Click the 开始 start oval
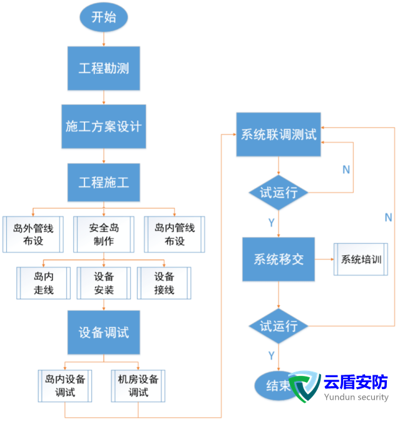[x=103, y=17]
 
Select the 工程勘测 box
[x=103, y=68]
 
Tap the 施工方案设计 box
[x=104, y=126]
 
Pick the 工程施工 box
[x=104, y=183]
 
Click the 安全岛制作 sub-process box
[x=104, y=234]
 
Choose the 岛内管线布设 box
[x=175, y=234]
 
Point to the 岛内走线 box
[x=43, y=283]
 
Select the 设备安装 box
[x=104, y=283]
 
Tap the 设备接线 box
[x=165, y=283]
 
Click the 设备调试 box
[x=104, y=332]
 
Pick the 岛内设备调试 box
[x=65, y=385]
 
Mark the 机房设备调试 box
[x=138, y=385]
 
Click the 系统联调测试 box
[x=279, y=134]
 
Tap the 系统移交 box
[x=279, y=259]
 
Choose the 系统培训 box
[x=361, y=259]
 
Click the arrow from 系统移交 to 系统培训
[x=324, y=259]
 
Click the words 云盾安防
[x=356, y=382]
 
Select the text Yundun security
[x=356, y=397]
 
